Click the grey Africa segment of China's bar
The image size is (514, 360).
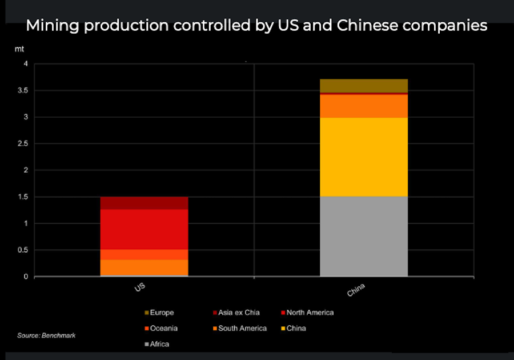[363, 236]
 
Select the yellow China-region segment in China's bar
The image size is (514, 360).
[363, 157]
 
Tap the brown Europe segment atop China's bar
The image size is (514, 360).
[363, 85]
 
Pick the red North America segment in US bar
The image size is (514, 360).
[144, 229]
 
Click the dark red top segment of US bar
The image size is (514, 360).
[144, 203]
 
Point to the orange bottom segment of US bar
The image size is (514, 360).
[144, 267]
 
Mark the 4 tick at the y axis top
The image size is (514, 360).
[25, 64]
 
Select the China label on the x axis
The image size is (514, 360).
[356, 290]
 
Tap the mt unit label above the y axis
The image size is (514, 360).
[19, 49]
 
